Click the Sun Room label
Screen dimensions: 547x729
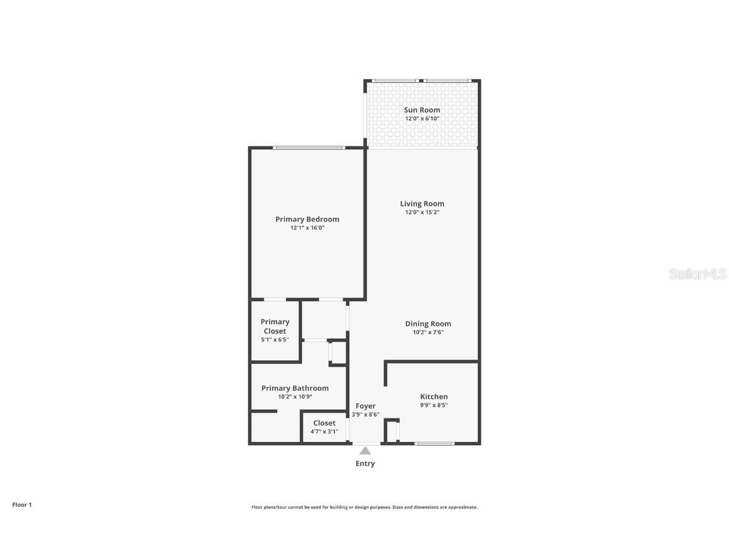click(x=422, y=110)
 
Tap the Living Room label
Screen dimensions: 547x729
click(x=422, y=204)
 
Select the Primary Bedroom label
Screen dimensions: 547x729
click(x=307, y=219)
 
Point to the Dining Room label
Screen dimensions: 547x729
click(x=428, y=324)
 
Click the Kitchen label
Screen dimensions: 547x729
click(x=433, y=397)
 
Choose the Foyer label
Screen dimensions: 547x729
click(x=365, y=406)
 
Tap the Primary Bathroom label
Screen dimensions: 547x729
click(x=295, y=388)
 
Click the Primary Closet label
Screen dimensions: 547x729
click(x=275, y=326)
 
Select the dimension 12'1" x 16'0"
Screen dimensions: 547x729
click(x=307, y=228)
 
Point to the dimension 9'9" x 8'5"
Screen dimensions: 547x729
click(x=433, y=405)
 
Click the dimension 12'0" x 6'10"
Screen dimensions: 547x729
click(x=422, y=118)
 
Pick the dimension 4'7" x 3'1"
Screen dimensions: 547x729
click(x=324, y=432)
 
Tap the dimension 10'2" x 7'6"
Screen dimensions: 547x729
click(x=428, y=332)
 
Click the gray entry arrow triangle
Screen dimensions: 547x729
click(x=365, y=451)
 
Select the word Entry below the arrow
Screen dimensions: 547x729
click(x=365, y=463)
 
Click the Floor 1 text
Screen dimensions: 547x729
click(x=22, y=505)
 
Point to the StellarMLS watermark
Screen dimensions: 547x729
click(x=697, y=274)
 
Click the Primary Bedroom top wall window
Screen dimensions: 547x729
click(x=308, y=148)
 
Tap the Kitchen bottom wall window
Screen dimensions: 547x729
click(x=434, y=443)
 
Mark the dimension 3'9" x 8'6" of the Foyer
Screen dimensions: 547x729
click(x=365, y=415)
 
